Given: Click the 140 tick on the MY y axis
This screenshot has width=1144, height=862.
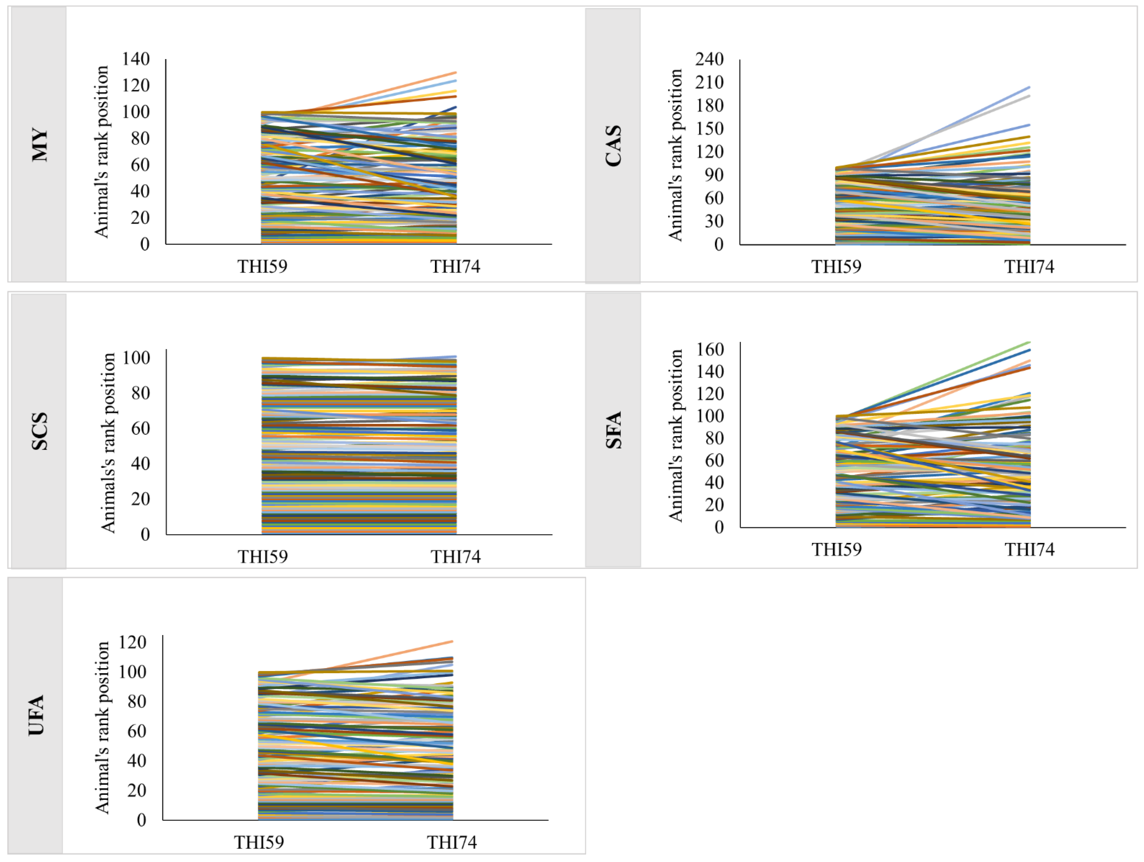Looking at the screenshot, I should (135, 59).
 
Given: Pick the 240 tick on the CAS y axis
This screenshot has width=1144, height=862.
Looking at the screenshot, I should (709, 59).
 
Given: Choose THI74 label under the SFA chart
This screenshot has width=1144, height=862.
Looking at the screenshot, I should (1029, 549).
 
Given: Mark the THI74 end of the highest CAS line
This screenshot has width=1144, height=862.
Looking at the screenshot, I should (1029, 87).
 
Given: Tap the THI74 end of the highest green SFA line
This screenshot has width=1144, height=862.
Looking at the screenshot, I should (1029, 342).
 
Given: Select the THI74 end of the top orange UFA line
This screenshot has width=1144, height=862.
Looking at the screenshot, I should (452, 642).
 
